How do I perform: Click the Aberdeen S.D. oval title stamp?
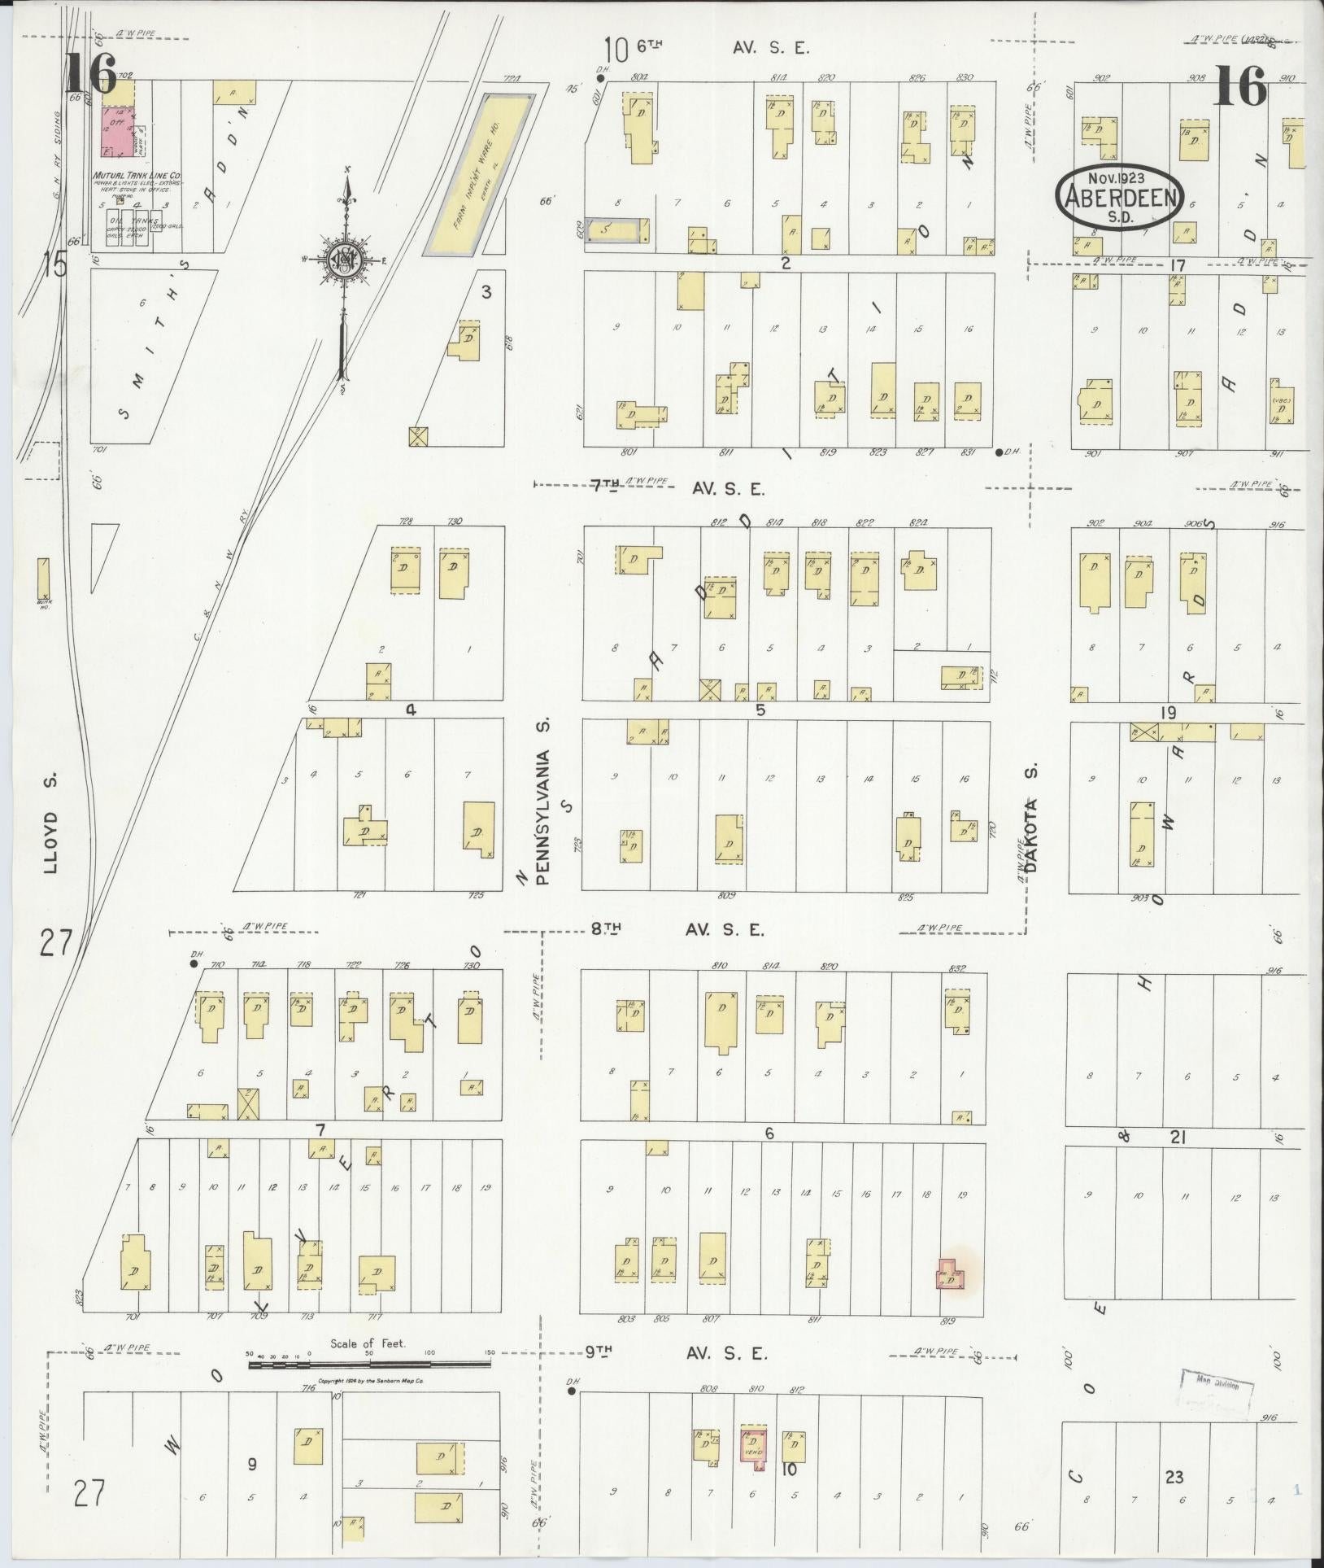pos(1120,198)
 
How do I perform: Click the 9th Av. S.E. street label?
pos(675,1354)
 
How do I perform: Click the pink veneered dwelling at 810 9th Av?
pos(752,1448)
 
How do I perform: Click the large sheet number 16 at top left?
pos(92,72)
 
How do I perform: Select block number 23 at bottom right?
pos(1174,1477)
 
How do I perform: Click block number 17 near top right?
pos(1175,265)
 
